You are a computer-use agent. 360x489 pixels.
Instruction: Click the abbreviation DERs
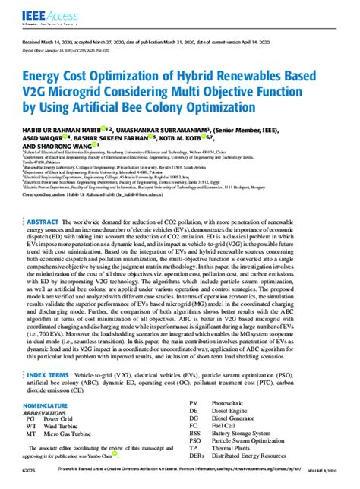click(197, 459)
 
